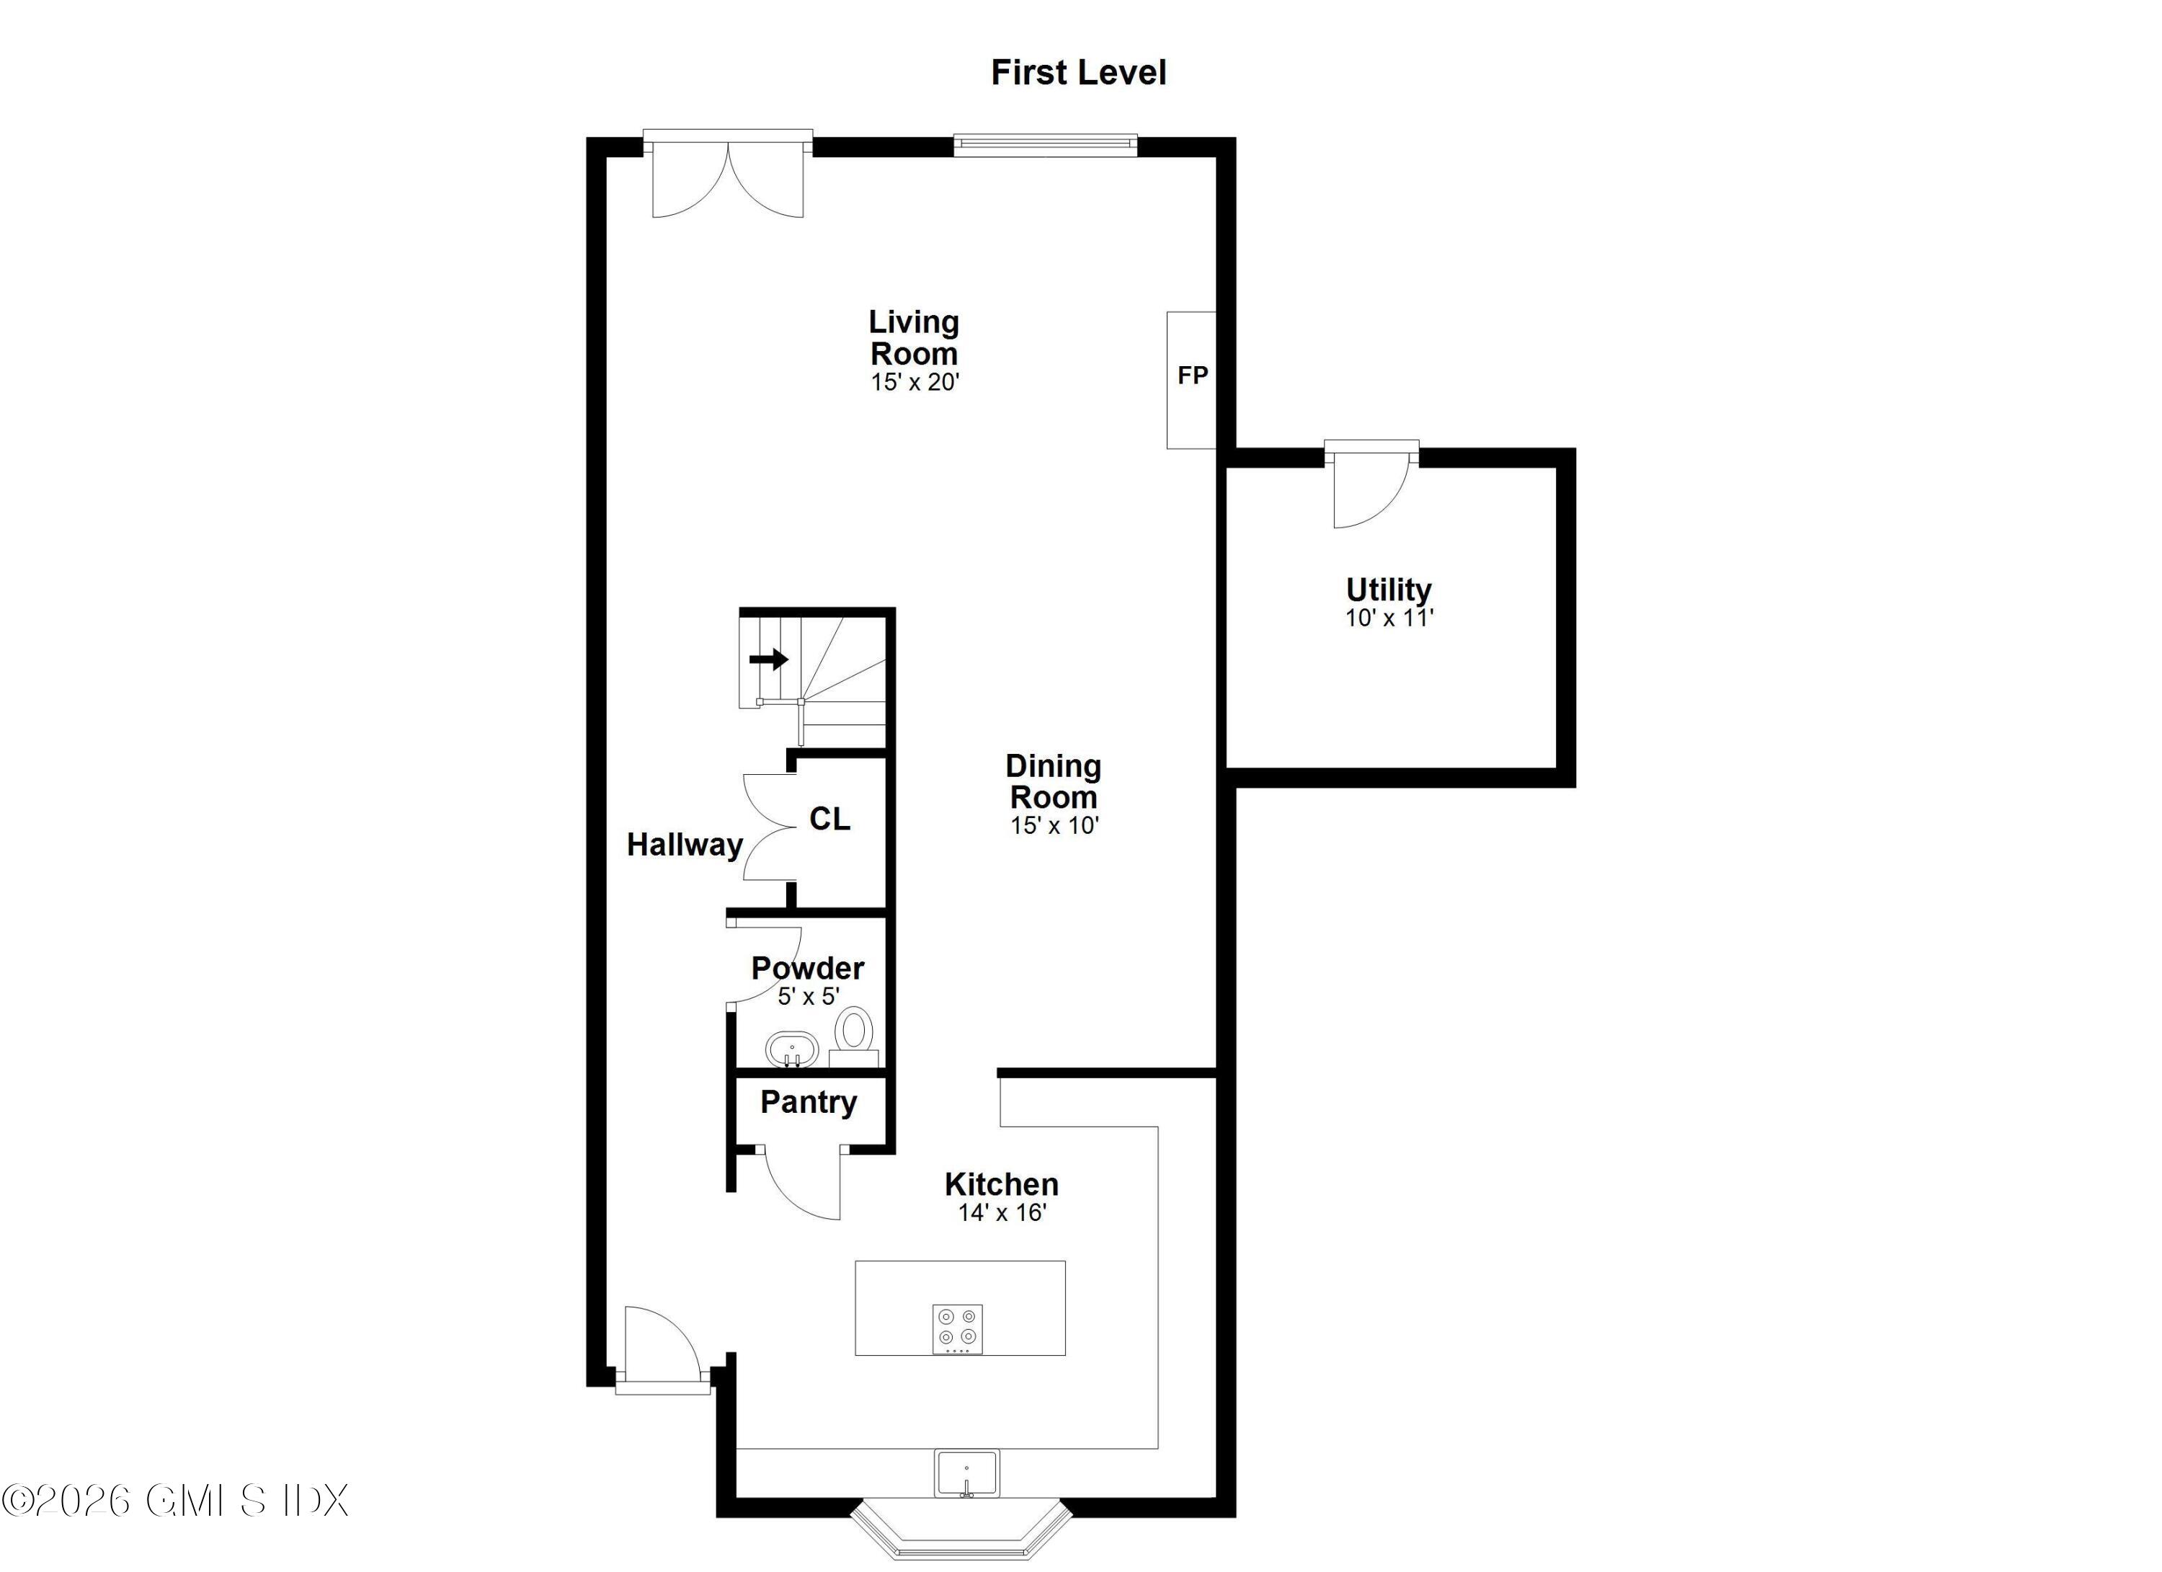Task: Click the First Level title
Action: click(1078, 74)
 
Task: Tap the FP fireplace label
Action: click(1193, 376)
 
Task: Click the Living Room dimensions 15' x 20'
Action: click(915, 382)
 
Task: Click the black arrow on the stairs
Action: click(768, 659)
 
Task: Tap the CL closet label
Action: click(829, 818)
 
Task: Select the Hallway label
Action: click(685, 845)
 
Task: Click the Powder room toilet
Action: click(854, 1037)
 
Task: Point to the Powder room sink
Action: click(792, 1049)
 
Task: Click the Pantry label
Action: click(809, 1102)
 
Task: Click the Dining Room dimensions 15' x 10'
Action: click(1054, 825)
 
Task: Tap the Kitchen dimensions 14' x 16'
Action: click(1002, 1212)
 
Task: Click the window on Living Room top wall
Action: click(1046, 145)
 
